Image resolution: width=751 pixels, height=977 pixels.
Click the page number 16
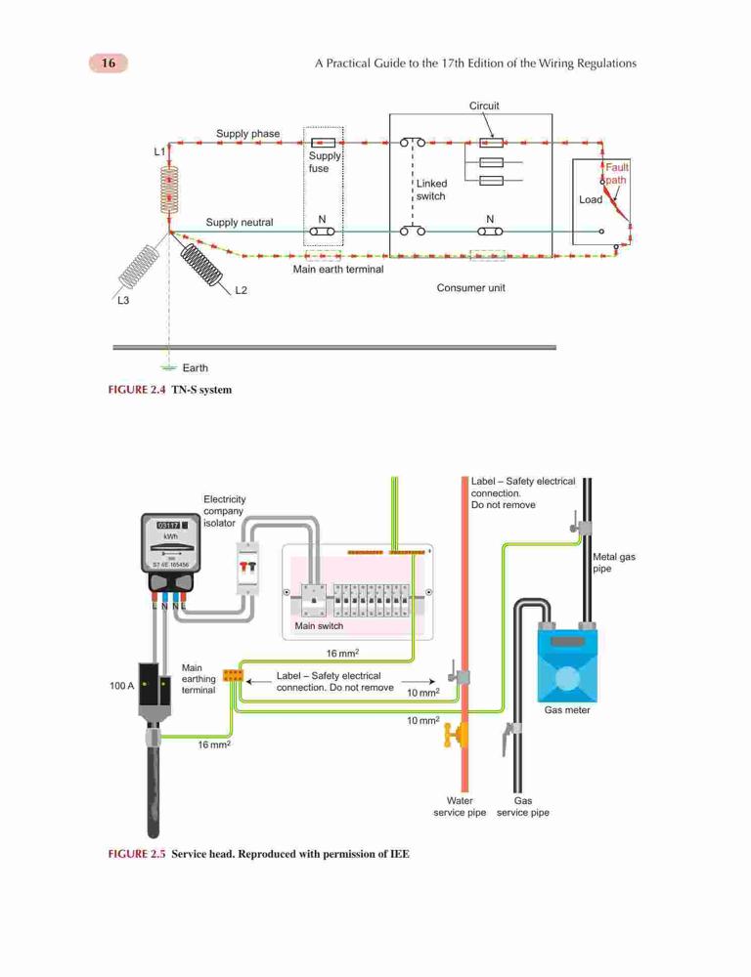pos(109,63)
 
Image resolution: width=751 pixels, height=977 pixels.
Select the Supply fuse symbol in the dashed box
pos(323,143)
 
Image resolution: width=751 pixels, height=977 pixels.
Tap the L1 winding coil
pos(169,190)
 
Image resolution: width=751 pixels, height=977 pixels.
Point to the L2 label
pos(241,290)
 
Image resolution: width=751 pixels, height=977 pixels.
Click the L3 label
pos(123,300)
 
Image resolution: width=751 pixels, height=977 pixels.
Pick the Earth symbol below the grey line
pos(169,367)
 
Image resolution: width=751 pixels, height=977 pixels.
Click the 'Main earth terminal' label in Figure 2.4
pos(338,270)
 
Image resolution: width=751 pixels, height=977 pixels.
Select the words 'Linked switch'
pos(431,190)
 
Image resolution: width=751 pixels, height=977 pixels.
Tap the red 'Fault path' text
pos(616,174)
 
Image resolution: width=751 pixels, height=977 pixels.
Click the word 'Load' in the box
pos(591,199)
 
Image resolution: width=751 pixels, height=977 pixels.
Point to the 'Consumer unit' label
pos(471,288)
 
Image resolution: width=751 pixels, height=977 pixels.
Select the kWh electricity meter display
pos(170,542)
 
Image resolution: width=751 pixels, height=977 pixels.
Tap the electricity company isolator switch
pos(247,568)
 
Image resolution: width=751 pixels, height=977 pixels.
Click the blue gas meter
pos(567,664)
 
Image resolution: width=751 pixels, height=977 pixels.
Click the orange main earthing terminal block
pos(233,676)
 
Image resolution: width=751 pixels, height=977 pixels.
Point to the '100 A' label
pos(121,686)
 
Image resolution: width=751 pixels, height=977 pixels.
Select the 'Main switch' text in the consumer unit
pos(319,625)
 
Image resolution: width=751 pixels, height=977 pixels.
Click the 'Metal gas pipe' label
pos(614,563)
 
